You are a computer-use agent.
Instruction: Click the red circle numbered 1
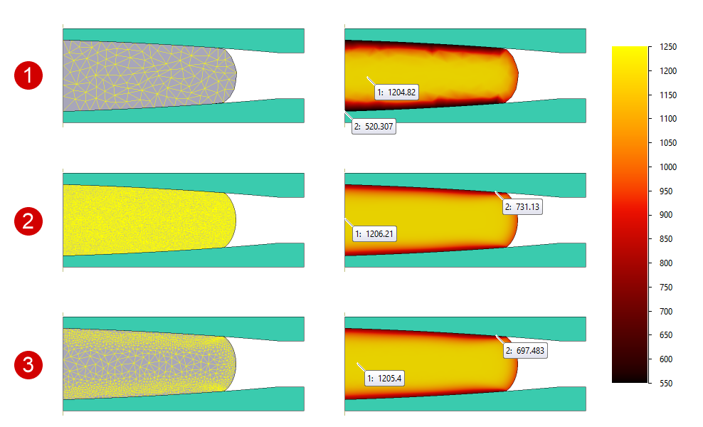click(x=28, y=75)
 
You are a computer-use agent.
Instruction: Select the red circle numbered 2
click(x=28, y=221)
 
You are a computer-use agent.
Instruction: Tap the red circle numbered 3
click(x=28, y=365)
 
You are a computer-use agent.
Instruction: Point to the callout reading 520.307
click(x=374, y=127)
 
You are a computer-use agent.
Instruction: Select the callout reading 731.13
click(x=522, y=206)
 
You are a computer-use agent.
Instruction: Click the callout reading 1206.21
click(x=374, y=233)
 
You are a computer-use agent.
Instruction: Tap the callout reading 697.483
click(x=525, y=351)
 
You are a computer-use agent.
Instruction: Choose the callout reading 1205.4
click(x=384, y=378)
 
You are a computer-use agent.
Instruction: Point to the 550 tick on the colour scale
click(x=666, y=383)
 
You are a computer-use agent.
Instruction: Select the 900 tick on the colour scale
click(x=666, y=215)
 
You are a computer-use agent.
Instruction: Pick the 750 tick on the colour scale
click(x=666, y=287)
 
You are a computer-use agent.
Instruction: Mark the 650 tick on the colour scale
click(x=666, y=335)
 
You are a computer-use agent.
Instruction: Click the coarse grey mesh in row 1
click(x=142, y=75)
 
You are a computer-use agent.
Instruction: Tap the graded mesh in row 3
click(x=142, y=364)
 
